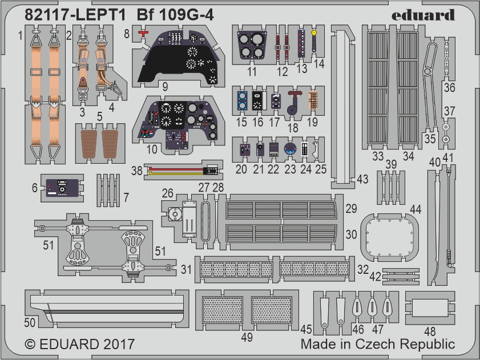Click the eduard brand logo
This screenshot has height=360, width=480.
(x=423, y=15)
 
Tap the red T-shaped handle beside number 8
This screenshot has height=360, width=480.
(x=143, y=33)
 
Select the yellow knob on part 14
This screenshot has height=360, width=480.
(x=314, y=32)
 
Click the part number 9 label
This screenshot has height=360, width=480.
(x=165, y=87)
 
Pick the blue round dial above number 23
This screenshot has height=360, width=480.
(x=289, y=149)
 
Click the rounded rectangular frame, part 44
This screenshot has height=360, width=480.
(x=390, y=237)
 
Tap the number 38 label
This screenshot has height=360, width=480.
(x=137, y=171)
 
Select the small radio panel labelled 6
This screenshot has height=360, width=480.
(x=62, y=188)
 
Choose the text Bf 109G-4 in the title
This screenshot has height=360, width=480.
(x=175, y=15)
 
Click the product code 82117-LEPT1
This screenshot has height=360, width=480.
(x=75, y=15)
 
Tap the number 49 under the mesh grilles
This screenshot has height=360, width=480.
(x=247, y=337)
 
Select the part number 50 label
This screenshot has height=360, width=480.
(x=30, y=322)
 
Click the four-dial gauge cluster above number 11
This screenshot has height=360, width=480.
(x=252, y=45)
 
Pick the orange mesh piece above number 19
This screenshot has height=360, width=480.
(x=313, y=100)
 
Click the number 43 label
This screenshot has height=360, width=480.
(x=362, y=179)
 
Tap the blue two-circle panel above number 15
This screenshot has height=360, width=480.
(x=242, y=100)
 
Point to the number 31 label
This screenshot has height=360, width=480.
(x=186, y=270)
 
